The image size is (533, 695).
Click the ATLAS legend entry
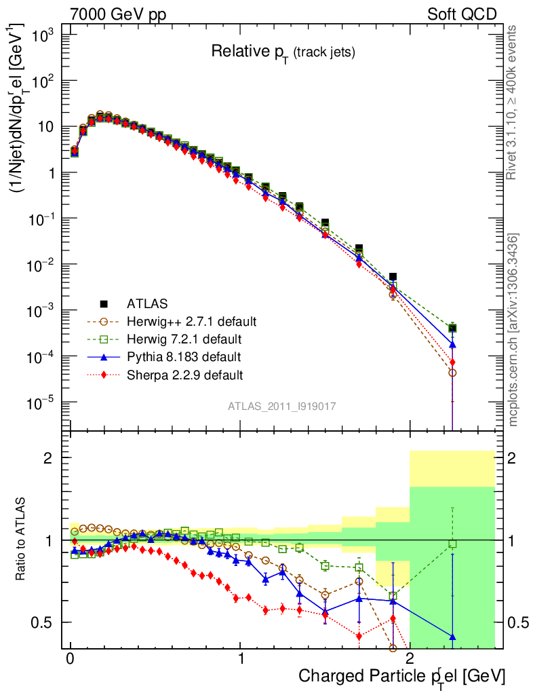[146, 303]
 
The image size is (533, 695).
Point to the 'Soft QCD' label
[462, 14]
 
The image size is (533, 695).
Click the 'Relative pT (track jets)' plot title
[283, 52]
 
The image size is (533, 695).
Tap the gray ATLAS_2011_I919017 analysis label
[282, 406]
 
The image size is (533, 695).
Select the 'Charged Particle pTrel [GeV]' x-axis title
[402, 676]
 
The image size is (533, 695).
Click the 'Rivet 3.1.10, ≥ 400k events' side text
[513, 103]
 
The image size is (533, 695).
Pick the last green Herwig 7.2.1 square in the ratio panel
[452, 544]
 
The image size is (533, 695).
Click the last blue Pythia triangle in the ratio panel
[452, 637]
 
